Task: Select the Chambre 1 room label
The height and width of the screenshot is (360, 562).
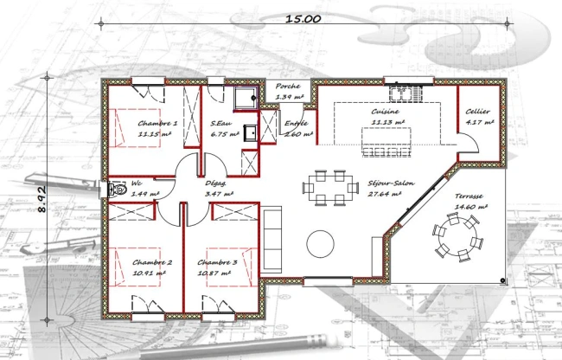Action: click(157, 124)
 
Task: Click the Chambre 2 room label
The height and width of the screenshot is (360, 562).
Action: click(152, 262)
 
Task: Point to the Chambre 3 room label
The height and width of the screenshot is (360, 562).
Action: click(216, 262)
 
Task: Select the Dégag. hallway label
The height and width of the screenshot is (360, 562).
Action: click(216, 183)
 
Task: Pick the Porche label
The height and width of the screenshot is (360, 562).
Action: click(288, 87)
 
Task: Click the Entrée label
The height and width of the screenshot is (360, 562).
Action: click(297, 123)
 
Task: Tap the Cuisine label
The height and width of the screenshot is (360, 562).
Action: click(385, 112)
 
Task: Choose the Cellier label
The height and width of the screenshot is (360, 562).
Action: click(478, 112)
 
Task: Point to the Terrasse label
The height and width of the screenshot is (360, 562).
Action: click(470, 196)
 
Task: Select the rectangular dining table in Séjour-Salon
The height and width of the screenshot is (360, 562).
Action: click(329, 187)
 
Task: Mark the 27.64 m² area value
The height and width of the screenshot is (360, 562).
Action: click(386, 195)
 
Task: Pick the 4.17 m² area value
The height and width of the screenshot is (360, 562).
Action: click(478, 123)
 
